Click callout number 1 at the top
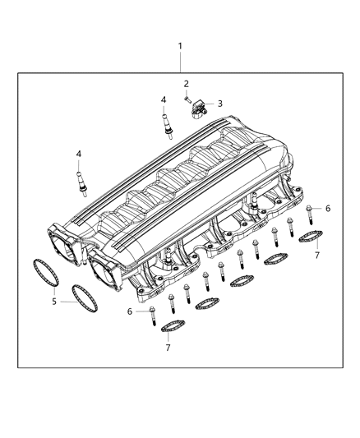[x=181, y=47]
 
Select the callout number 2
[x=187, y=84]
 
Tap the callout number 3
[x=219, y=104]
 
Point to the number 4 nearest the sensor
[x=164, y=100]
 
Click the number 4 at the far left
[x=79, y=154]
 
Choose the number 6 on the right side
[x=328, y=209]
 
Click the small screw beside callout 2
[x=187, y=99]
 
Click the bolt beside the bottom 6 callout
[x=156, y=311]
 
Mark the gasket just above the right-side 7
[x=308, y=239]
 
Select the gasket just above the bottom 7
[x=172, y=328]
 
